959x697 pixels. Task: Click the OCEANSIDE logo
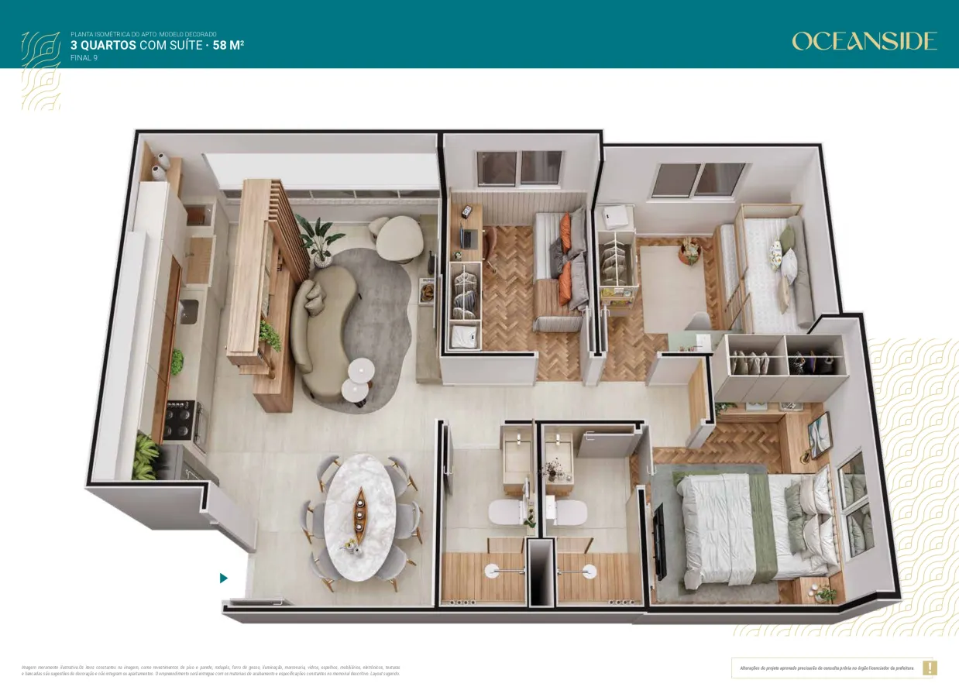click(864, 41)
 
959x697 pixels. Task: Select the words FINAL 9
click(84, 58)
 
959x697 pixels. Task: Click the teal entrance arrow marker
click(224, 578)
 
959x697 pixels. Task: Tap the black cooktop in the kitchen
click(180, 420)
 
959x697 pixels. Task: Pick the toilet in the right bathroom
click(569, 511)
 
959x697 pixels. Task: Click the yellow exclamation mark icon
click(930, 668)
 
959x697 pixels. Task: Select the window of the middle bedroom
click(519, 168)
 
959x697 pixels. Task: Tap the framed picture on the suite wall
click(819, 434)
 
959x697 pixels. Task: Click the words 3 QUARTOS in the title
click(103, 45)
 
